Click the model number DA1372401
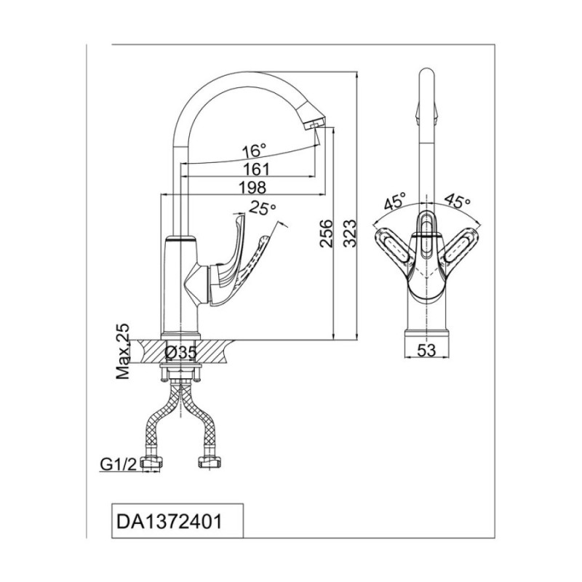[x=170, y=522]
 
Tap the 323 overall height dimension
[x=349, y=234]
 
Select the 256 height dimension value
[x=327, y=234]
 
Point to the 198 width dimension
[x=252, y=188]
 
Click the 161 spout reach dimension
[x=256, y=170]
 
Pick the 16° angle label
[x=254, y=151]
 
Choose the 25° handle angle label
[x=263, y=208]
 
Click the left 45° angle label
[x=395, y=202]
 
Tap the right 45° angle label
[x=458, y=201]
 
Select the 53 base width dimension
[x=426, y=350]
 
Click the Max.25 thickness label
[x=123, y=351]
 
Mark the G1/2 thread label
[x=119, y=464]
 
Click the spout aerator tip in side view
[x=314, y=124]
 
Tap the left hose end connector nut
[x=152, y=463]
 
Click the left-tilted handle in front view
[x=392, y=245]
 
